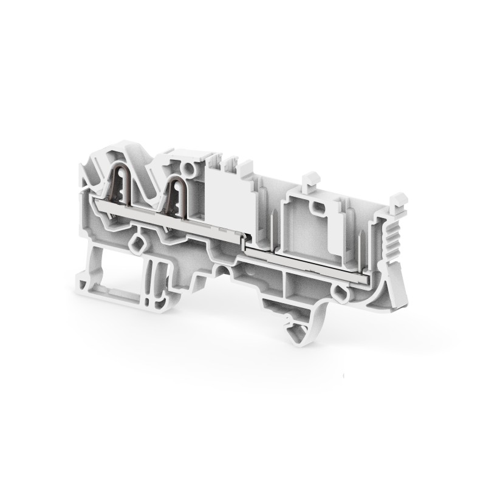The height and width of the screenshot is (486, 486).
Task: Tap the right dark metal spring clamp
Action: (178, 191)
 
